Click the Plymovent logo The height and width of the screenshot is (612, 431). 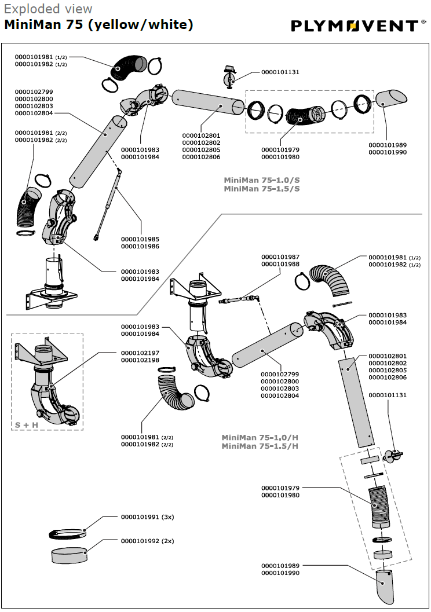click(x=359, y=26)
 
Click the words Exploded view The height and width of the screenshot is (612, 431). click(x=48, y=9)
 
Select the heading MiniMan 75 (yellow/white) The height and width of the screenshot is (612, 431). click(x=98, y=24)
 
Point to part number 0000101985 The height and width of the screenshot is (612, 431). click(x=140, y=239)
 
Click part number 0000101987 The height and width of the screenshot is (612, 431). click(x=280, y=257)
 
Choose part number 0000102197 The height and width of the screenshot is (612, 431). click(x=140, y=353)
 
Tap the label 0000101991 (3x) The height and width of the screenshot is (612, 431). click(x=148, y=517)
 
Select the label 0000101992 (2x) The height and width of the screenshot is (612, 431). click(x=148, y=541)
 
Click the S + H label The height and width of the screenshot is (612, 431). click(x=27, y=425)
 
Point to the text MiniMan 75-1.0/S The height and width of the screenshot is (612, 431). click(x=262, y=180)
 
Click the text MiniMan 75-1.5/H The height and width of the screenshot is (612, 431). click(x=260, y=446)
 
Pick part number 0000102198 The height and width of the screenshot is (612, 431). click(x=140, y=360)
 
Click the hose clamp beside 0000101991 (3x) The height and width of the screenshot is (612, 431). click(x=67, y=534)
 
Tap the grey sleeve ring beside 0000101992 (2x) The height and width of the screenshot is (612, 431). click(x=69, y=555)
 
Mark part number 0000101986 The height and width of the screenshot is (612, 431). click(x=140, y=246)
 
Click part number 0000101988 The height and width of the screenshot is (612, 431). click(x=280, y=264)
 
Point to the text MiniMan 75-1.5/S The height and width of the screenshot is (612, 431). click(x=262, y=189)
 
